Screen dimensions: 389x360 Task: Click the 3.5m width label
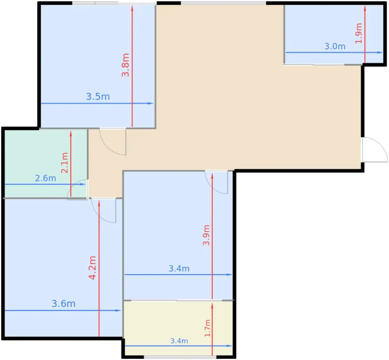click(x=98, y=97)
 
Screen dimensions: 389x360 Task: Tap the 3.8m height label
click(x=125, y=65)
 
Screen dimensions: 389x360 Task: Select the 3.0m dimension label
click(x=335, y=46)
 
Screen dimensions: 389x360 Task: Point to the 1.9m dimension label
click(x=359, y=33)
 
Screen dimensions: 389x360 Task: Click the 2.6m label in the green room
click(x=46, y=178)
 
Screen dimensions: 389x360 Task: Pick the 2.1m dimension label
click(x=65, y=163)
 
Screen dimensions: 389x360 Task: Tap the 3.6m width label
click(x=63, y=304)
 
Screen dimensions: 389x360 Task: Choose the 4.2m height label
click(x=92, y=268)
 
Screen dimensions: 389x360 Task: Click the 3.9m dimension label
click(x=206, y=235)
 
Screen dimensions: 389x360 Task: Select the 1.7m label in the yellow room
click(x=207, y=328)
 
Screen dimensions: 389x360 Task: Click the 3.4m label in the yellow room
click(x=179, y=341)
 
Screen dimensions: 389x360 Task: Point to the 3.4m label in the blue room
click(x=179, y=268)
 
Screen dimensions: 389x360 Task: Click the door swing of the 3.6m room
click(x=99, y=216)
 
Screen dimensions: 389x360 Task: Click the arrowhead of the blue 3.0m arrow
click(x=380, y=52)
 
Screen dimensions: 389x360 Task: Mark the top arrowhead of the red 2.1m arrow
click(x=71, y=134)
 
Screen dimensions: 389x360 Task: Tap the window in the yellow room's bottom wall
click(x=180, y=357)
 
